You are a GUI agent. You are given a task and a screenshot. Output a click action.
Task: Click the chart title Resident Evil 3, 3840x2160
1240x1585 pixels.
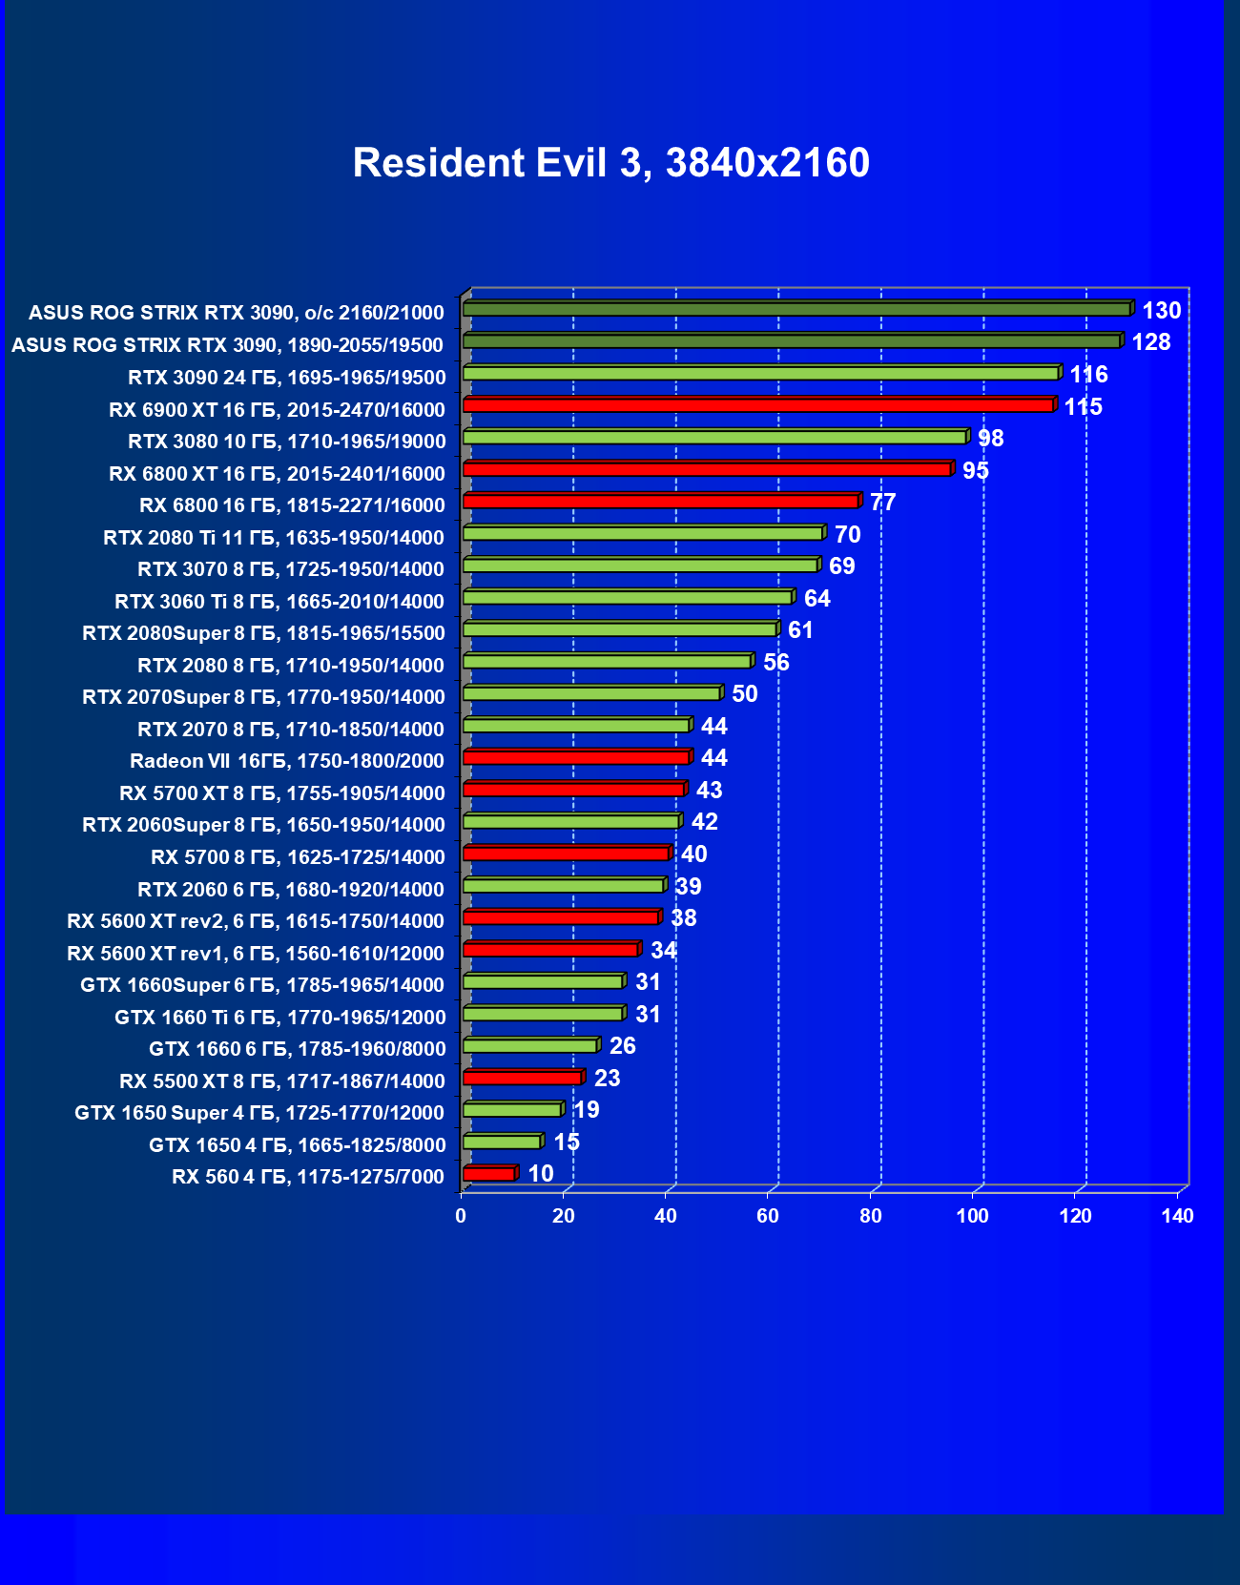(x=610, y=163)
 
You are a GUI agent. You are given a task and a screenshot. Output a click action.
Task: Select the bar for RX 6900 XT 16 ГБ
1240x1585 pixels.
(x=758, y=405)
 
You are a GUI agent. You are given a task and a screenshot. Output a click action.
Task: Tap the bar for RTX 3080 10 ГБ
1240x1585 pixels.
(x=715, y=438)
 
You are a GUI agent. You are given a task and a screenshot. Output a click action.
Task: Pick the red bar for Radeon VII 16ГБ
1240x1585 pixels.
(x=576, y=757)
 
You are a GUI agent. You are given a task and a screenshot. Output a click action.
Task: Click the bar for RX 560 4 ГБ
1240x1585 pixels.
(x=489, y=1174)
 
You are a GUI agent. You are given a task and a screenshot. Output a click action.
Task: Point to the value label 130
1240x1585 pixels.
(x=1161, y=311)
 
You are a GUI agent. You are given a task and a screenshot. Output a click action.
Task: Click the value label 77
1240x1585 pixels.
(x=882, y=503)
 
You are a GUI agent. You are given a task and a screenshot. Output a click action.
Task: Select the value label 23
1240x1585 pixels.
(x=607, y=1079)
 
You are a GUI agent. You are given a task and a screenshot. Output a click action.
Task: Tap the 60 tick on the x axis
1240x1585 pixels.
(x=768, y=1216)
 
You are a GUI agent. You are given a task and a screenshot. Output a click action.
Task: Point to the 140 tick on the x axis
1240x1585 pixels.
(x=1177, y=1216)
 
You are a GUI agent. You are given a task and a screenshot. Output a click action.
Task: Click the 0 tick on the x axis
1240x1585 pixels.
(x=462, y=1216)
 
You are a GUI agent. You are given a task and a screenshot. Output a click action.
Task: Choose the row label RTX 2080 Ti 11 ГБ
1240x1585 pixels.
(x=274, y=538)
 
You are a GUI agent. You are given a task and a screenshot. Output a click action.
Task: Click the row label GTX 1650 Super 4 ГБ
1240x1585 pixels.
(x=259, y=1113)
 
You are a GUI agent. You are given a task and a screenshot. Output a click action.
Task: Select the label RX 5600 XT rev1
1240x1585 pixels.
(x=256, y=954)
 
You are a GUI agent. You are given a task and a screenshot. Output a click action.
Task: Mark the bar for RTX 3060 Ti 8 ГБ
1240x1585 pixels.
(x=628, y=598)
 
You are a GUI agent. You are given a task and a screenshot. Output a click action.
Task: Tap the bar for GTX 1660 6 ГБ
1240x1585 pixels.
(x=530, y=1046)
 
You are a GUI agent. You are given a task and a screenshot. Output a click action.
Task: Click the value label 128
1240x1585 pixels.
(x=1150, y=342)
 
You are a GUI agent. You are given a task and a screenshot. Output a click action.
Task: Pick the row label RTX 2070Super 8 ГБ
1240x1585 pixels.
(x=263, y=697)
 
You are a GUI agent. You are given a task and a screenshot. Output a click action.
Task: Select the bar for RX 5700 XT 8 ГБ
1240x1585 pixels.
(x=573, y=790)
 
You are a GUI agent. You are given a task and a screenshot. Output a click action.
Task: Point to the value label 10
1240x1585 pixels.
(x=541, y=1174)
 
